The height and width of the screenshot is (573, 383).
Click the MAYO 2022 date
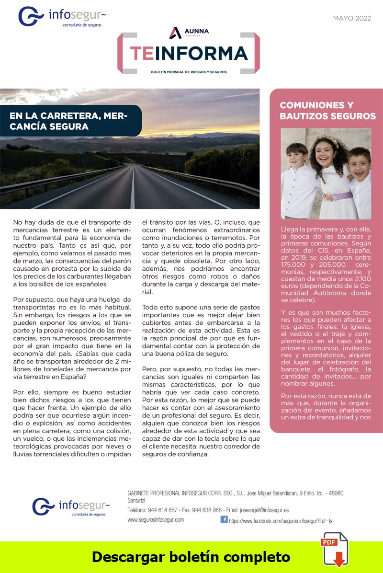[352, 19]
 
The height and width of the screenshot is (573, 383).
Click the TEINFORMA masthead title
[189, 53]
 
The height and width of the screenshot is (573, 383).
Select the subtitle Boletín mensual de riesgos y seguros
[189, 72]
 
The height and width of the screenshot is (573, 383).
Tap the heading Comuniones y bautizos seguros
[327, 110]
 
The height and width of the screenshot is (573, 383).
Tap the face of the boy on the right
[359, 164]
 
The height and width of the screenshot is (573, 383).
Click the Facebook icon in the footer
[224, 519]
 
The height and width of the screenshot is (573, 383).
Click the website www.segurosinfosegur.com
[156, 520]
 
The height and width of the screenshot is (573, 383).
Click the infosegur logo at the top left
[62, 17]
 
